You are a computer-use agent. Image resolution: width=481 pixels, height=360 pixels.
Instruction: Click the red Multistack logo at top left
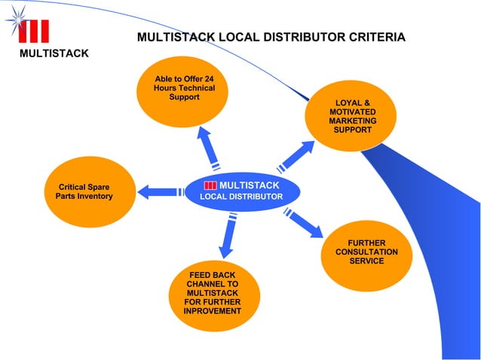click(x=34, y=31)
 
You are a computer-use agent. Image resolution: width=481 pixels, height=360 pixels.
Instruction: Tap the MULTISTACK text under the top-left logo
click(x=54, y=53)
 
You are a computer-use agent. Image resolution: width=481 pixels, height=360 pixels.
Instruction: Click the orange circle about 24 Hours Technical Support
click(x=183, y=94)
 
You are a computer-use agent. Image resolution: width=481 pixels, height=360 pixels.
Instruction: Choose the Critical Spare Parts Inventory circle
click(x=84, y=191)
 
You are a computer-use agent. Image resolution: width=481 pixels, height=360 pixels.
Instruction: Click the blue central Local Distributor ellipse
click(x=241, y=191)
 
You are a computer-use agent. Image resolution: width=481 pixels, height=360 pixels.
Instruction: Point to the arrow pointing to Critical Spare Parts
click(x=160, y=192)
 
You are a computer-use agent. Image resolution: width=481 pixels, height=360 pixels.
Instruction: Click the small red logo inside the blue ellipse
click(x=210, y=185)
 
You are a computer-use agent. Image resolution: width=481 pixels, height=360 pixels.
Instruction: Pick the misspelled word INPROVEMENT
click(x=213, y=311)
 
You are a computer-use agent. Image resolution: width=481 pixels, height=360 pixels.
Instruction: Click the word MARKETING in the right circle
click(x=352, y=121)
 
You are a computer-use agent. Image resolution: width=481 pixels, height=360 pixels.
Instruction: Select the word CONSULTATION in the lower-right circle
click(x=366, y=252)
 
